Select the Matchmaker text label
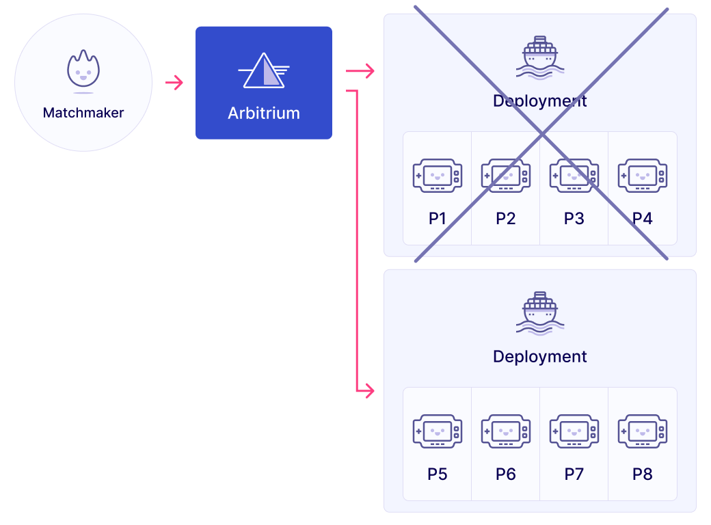(x=83, y=113)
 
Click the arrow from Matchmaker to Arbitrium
(x=174, y=83)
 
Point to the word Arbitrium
(x=264, y=113)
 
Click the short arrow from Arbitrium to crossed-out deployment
(x=360, y=70)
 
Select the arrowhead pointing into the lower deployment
(x=370, y=391)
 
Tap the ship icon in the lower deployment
(x=540, y=312)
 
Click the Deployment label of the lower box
(x=540, y=357)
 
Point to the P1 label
(x=438, y=219)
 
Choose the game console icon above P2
(x=506, y=176)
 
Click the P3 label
(x=574, y=219)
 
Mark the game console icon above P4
(x=643, y=176)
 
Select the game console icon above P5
(x=438, y=431)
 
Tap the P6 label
(x=506, y=474)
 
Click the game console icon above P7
(x=574, y=431)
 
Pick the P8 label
(x=643, y=474)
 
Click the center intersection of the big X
(x=541, y=135)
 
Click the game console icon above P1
(x=438, y=176)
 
